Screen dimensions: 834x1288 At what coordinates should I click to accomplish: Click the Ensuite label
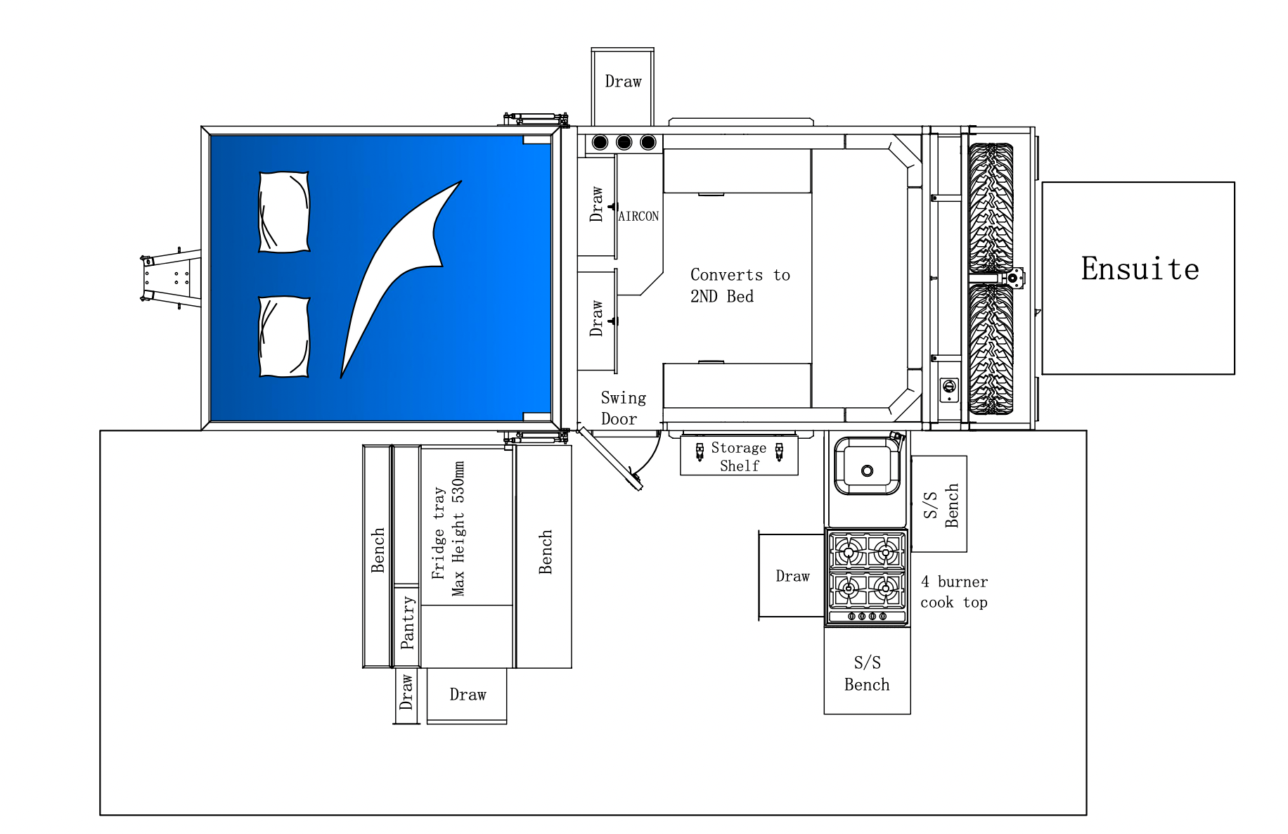1139,269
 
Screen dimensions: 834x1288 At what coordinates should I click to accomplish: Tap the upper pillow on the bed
284,211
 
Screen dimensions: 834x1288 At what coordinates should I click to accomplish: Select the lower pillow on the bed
284,337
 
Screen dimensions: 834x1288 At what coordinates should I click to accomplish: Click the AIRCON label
638,217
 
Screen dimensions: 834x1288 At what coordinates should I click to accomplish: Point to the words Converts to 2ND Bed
739,285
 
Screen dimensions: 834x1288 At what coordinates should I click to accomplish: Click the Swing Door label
622,409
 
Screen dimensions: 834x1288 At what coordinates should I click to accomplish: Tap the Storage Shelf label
739,456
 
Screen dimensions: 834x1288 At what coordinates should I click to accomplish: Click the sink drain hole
867,471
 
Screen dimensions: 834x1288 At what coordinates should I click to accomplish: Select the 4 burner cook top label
953,592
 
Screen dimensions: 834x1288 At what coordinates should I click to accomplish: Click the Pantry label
407,623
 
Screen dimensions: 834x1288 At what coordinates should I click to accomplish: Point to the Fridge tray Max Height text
449,529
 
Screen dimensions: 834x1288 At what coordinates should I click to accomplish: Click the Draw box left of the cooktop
792,577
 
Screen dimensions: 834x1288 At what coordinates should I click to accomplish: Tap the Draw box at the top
623,82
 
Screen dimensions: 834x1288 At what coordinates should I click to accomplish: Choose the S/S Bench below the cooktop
867,673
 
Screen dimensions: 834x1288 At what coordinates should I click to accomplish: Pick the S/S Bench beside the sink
940,504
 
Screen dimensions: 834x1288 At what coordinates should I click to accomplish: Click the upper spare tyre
991,208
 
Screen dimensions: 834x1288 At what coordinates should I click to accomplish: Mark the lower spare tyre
991,349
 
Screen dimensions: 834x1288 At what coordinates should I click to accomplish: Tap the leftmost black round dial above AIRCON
600,143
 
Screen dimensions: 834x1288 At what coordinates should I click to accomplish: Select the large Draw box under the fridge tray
467,695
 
